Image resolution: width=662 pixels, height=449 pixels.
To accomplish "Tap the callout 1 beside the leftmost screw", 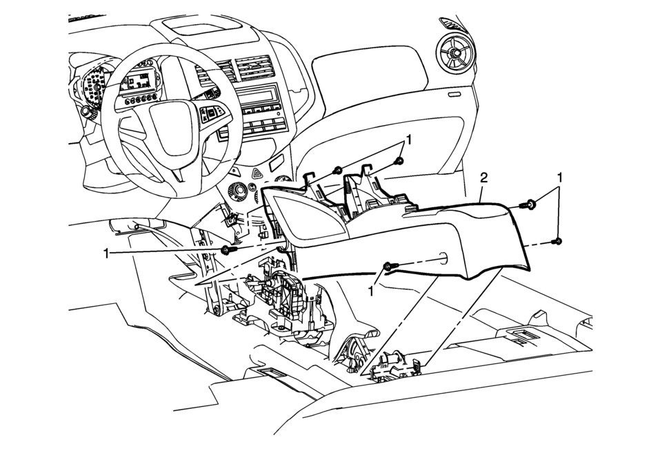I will [107, 254].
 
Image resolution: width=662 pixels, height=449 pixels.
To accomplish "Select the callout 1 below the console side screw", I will [373, 291].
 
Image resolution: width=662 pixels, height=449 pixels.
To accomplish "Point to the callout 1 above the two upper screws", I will [409, 140].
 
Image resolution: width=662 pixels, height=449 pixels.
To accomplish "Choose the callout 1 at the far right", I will [560, 178].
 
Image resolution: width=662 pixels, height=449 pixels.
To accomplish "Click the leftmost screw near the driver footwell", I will [227, 250].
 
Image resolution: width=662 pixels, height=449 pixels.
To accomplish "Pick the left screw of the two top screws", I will [337, 169].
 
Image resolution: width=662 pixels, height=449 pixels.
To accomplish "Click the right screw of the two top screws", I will [399, 161].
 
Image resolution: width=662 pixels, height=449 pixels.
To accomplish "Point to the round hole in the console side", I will [441, 260].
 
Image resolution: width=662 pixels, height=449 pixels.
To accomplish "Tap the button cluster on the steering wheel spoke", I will [210, 114].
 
